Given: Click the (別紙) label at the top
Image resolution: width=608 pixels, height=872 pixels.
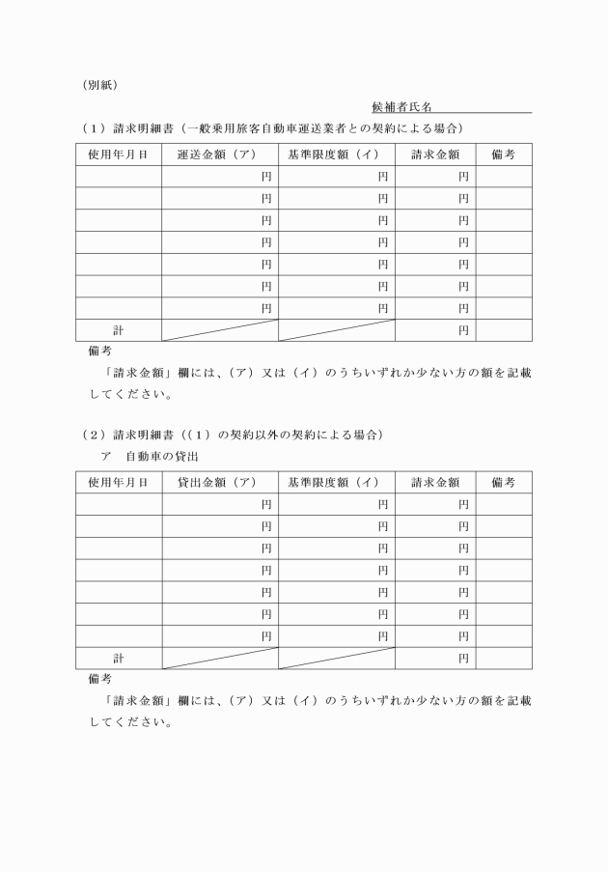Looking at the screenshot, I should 99,84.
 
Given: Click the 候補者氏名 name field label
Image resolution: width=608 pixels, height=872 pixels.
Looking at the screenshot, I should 401,106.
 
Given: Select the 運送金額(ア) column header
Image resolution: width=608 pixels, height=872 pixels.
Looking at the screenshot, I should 220,155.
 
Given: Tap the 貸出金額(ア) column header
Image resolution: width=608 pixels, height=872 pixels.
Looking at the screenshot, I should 220,482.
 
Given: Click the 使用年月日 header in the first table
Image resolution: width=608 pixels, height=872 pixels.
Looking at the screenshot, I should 119,155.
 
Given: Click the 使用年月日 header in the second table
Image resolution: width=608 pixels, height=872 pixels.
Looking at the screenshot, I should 119,482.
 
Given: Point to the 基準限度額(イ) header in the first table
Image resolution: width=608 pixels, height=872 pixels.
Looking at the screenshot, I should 337,155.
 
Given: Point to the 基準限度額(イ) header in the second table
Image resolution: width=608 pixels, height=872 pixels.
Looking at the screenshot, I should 337,482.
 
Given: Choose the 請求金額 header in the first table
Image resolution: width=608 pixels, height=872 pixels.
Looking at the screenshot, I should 434,155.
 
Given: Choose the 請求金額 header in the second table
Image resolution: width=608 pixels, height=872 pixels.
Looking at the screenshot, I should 434,482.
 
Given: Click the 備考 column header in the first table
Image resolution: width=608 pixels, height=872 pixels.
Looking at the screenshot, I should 503,155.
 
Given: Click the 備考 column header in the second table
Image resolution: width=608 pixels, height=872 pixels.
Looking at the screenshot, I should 503,482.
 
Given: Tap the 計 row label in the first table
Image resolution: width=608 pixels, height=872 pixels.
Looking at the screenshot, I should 119,330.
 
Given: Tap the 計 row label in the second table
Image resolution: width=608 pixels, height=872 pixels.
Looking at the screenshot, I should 119,658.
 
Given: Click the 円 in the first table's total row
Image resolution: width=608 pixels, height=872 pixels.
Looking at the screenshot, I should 463,330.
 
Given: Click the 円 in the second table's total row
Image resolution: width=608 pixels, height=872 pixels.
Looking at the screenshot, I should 463,658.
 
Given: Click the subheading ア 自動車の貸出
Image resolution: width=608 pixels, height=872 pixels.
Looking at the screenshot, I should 143,455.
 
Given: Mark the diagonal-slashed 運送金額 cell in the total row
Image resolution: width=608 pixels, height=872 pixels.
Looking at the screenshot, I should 220,330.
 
